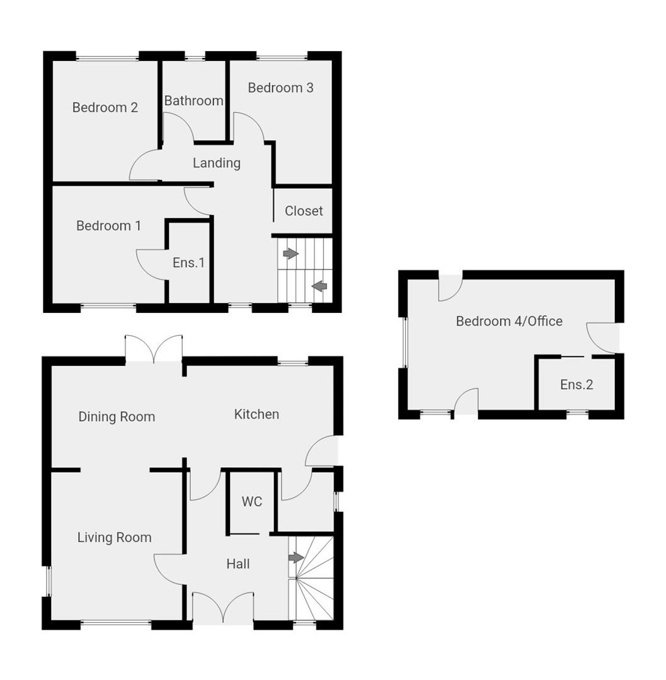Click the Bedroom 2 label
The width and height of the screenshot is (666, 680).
105,108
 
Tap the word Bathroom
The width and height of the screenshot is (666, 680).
193,101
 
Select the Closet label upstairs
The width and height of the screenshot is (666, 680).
304,211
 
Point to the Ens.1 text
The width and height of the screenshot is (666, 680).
188,263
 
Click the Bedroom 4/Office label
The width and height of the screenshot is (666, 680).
509,321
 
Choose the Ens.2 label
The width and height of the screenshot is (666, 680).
577,384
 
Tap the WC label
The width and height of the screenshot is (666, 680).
252,502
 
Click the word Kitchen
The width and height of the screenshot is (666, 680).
256,414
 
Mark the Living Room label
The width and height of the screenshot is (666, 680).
114,538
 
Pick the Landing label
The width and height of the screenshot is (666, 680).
217,163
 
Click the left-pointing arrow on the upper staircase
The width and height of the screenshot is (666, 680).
319,286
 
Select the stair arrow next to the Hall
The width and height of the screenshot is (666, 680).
296,558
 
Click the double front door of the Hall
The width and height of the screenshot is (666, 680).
223,607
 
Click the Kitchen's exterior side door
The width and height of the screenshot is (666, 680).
323,452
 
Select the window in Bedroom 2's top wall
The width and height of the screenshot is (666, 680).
107,59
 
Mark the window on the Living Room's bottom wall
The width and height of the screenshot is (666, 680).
115,624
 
